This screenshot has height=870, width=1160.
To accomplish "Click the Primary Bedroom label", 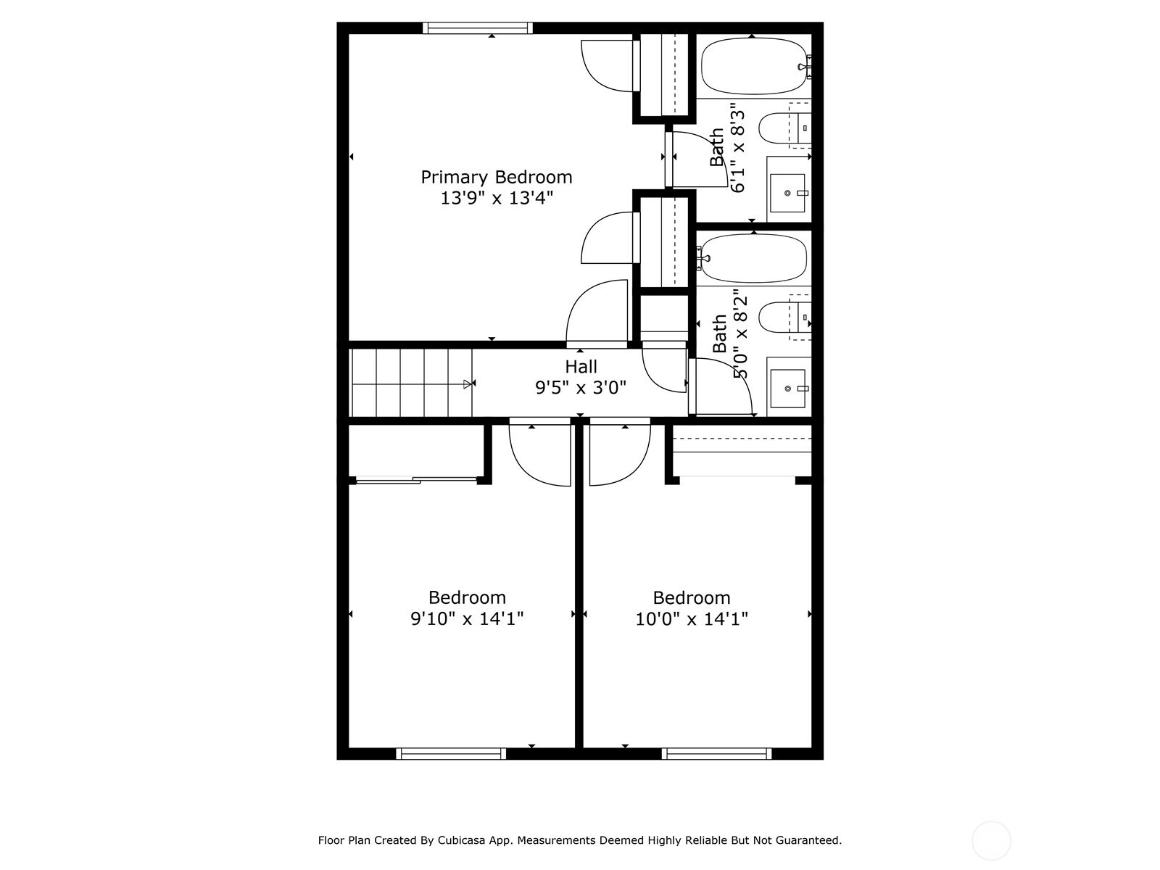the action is pyautogui.click(x=496, y=178).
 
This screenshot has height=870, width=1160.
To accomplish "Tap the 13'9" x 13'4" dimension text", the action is pyautogui.click(x=497, y=198).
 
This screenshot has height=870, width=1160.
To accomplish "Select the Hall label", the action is pyautogui.click(x=581, y=367).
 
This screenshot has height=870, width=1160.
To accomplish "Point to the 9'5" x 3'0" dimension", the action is pyautogui.click(x=580, y=388).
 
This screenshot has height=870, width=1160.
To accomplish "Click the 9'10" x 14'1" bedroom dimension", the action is pyautogui.click(x=467, y=618).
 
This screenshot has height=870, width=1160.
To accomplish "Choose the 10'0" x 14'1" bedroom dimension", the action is pyautogui.click(x=691, y=618).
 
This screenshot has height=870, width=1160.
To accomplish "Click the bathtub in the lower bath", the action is pyautogui.click(x=753, y=258).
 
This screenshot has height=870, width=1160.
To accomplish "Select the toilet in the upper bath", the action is pyautogui.click(x=784, y=128).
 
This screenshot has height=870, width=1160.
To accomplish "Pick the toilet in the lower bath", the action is pyautogui.click(x=784, y=317).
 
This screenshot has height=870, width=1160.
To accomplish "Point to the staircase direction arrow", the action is pyautogui.click(x=469, y=384).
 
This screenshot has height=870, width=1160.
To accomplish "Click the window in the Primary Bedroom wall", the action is pyautogui.click(x=478, y=28).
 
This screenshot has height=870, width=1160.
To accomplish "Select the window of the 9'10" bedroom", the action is pyautogui.click(x=451, y=754).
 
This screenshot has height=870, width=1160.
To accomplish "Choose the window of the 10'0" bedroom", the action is pyautogui.click(x=716, y=754).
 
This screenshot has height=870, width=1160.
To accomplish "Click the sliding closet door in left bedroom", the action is pyautogui.click(x=416, y=480).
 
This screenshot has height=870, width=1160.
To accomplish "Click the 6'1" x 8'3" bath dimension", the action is pyautogui.click(x=738, y=151).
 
